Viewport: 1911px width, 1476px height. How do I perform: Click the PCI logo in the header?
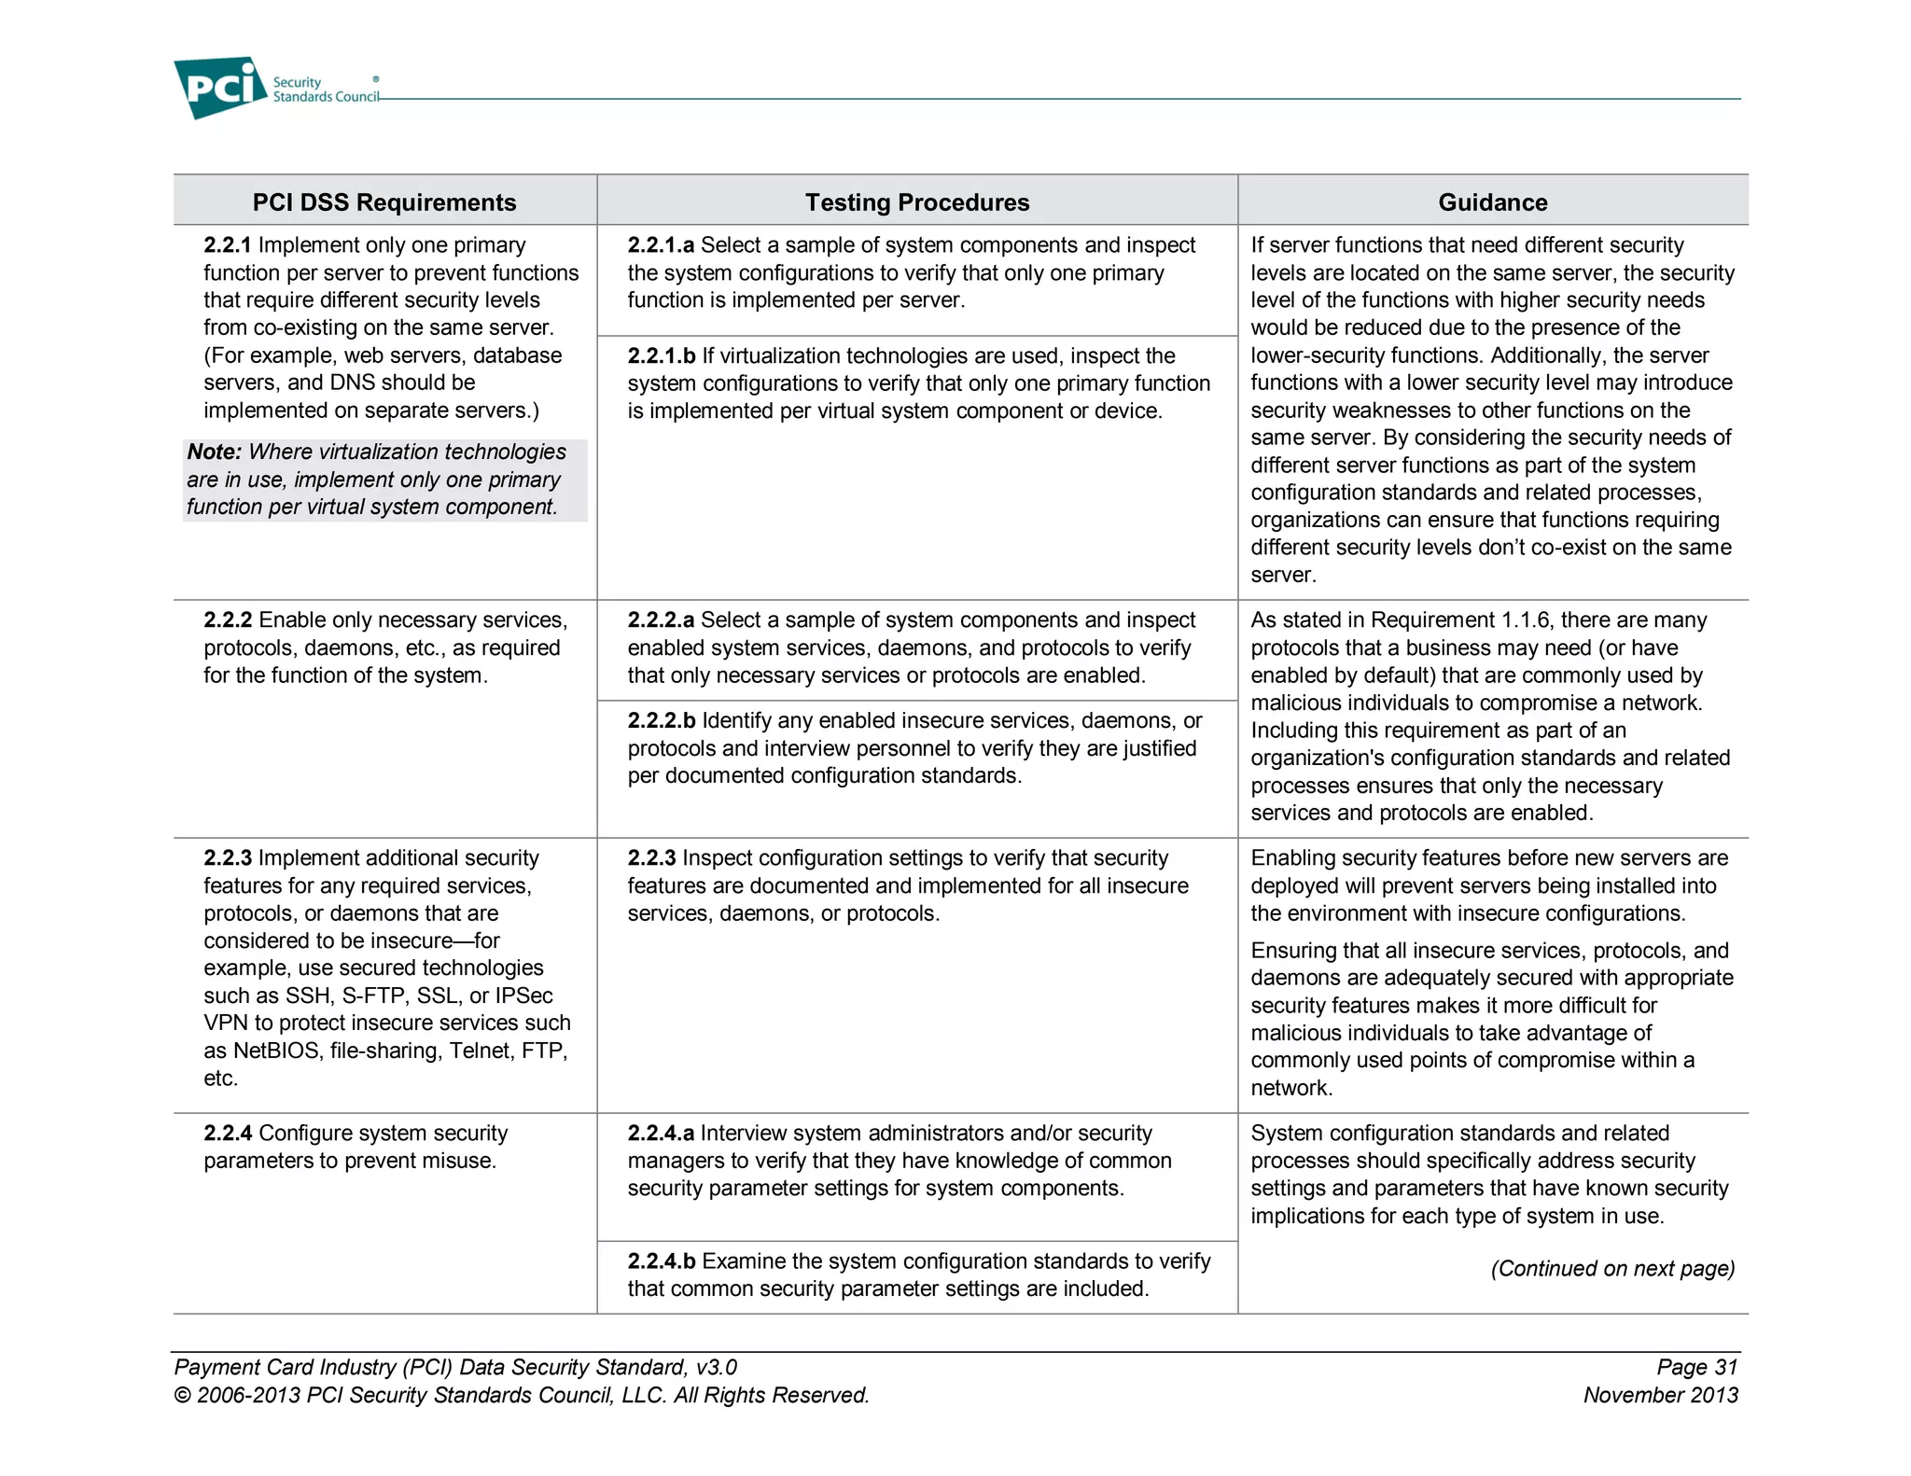(x=220, y=88)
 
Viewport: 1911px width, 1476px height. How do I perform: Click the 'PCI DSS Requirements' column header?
(x=384, y=202)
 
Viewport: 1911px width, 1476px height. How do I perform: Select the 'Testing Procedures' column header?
(x=916, y=202)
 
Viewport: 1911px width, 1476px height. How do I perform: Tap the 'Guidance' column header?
(x=1492, y=202)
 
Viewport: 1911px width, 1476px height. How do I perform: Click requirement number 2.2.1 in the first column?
(x=228, y=245)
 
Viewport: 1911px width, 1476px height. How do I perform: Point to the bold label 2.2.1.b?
(x=661, y=356)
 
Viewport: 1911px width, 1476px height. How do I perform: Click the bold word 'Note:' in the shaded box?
(x=214, y=453)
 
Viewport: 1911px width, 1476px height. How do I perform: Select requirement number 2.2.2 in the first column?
(x=228, y=620)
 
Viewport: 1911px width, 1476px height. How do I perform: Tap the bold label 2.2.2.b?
(x=661, y=721)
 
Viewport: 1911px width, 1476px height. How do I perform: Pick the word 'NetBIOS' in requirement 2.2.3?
(x=276, y=1051)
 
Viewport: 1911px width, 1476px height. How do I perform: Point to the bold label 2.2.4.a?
(x=660, y=1134)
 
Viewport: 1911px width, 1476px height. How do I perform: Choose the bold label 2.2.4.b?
(x=661, y=1262)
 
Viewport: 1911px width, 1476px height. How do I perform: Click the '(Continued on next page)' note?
(x=1611, y=1269)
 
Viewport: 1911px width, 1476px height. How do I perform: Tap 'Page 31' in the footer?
(x=1696, y=1368)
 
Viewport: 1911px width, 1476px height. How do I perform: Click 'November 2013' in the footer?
(x=1660, y=1396)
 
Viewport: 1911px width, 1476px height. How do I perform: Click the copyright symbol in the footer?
(x=183, y=1396)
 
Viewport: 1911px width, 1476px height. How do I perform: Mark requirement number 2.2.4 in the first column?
(x=228, y=1134)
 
